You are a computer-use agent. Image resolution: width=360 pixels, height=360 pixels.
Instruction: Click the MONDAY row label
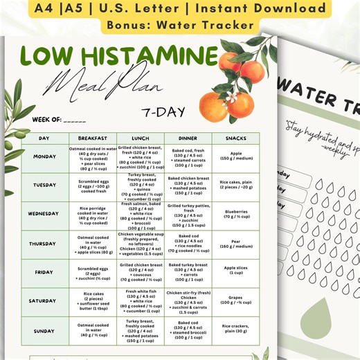click(44, 156)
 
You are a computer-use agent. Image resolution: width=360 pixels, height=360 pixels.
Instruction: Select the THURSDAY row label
click(44, 244)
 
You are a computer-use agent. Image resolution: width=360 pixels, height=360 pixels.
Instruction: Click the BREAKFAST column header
click(92, 138)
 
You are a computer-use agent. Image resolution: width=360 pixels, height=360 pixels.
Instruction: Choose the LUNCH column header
click(139, 138)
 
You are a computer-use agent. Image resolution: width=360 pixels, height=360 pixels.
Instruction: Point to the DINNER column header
click(188, 138)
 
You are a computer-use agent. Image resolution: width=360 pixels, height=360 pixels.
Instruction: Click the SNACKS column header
click(236, 138)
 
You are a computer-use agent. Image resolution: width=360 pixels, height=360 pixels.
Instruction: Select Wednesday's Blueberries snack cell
click(236, 214)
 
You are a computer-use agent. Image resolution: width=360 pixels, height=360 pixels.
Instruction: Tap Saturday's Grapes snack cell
click(236, 300)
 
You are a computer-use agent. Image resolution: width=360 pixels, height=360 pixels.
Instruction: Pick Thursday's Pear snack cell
click(236, 244)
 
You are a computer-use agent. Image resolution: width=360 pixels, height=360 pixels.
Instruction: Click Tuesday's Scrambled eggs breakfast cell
click(92, 186)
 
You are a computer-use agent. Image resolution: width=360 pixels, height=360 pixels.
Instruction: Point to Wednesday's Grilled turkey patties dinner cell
click(188, 215)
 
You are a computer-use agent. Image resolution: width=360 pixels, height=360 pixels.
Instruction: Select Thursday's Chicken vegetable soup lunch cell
click(139, 244)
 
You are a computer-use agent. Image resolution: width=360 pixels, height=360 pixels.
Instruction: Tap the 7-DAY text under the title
click(163, 110)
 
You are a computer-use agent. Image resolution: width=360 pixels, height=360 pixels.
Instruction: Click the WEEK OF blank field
click(74, 120)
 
